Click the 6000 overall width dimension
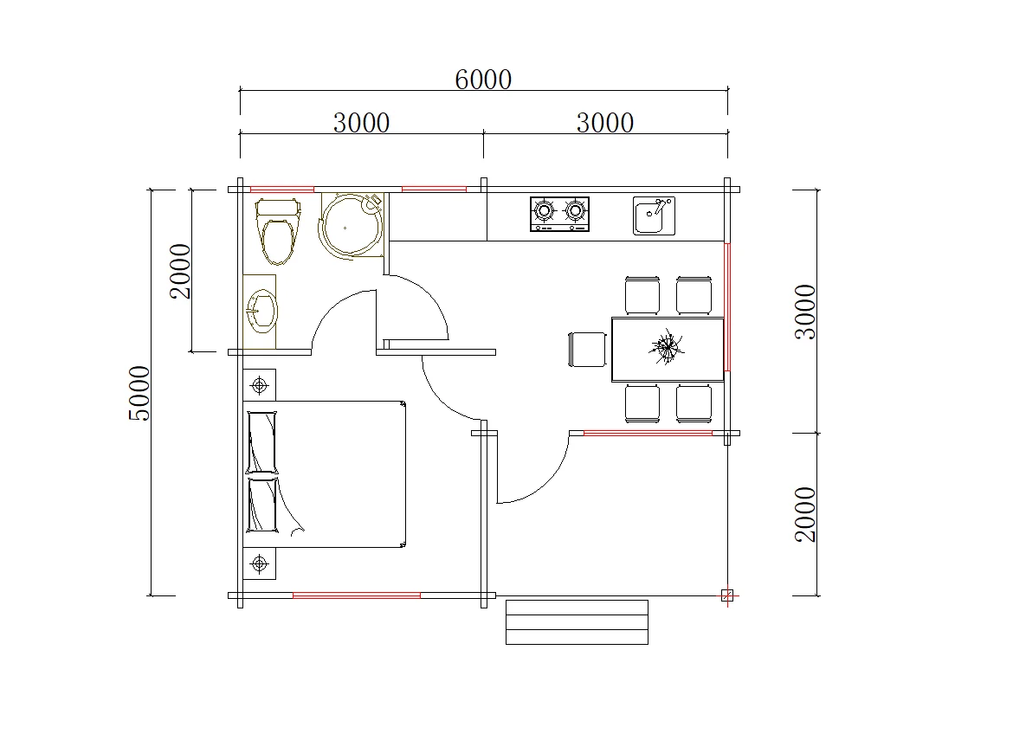[x=483, y=80]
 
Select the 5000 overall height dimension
[x=139, y=393]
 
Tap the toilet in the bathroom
[x=279, y=231]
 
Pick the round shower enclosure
[x=352, y=225]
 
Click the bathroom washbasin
[x=261, y=311]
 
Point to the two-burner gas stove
[x=559, y=214]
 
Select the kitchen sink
[x=654, y=216]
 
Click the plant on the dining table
[x=666, y=347]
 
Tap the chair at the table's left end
[x=587, y=350]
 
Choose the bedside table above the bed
[x=260, y=385]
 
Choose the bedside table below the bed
[x=260, y=563]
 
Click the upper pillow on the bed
[x=262, y=443]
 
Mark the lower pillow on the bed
[x=262, y=505]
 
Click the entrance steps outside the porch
[x=577, y=622]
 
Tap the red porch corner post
[x=727, y=596]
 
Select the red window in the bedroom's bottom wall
[x=357, y=595]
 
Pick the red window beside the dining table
[x=727, y=306]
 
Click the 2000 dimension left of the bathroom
[x=180, y=271]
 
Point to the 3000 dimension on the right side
[x=805, y=312]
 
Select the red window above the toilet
[x=282, y=190]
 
